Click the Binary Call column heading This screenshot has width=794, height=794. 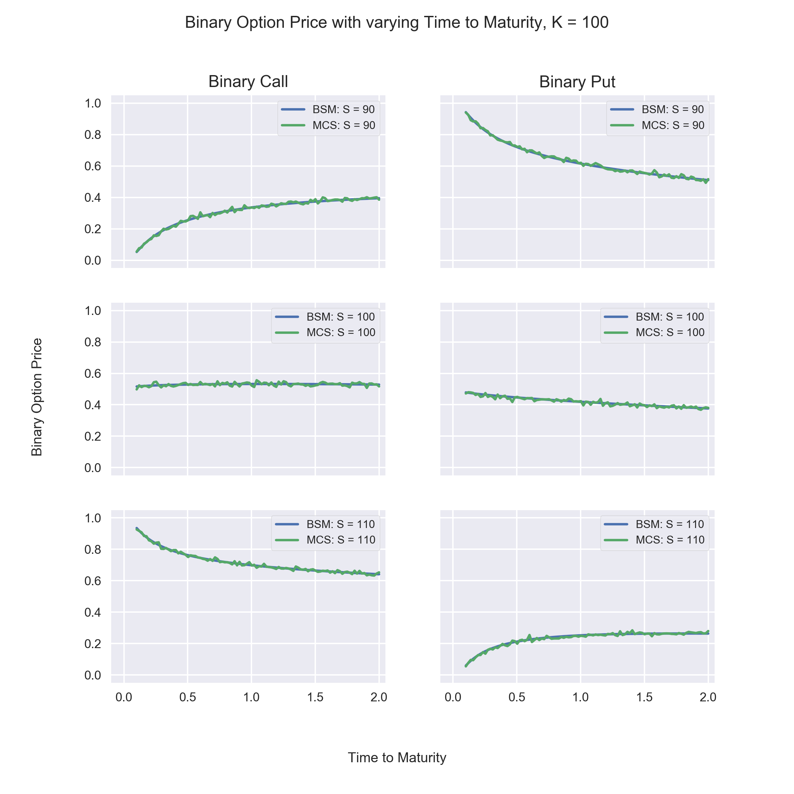(248, 82)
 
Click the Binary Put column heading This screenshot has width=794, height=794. (577, 82)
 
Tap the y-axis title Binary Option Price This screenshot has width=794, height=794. (37, 397)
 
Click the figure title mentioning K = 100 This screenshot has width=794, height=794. (397, 22)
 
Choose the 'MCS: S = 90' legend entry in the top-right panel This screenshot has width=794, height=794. (657, 125)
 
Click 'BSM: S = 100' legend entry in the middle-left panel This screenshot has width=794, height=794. (325, 317)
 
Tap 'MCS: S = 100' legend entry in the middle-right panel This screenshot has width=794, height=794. (654, 332)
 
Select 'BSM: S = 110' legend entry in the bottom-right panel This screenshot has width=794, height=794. (654, 524)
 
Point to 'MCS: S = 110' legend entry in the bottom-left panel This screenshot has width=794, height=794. (325, 540)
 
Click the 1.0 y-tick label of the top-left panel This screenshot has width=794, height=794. (93, 103)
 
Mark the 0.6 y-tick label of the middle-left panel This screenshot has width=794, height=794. (93, 374)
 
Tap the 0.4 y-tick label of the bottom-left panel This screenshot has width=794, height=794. (93, 612)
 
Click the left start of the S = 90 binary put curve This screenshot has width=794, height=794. (465, 112)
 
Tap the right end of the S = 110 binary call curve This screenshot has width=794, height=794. (379, 573)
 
